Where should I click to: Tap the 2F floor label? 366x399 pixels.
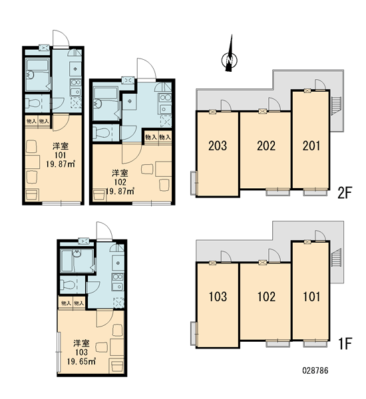(344, 193)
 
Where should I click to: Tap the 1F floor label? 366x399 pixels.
(344, 344)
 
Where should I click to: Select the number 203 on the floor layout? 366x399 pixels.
(218, 146)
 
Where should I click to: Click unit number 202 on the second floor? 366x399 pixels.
(266, 146)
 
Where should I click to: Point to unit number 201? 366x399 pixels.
(311, 146)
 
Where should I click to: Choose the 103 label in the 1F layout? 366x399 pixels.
(218, 297)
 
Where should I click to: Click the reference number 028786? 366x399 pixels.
(315, 370)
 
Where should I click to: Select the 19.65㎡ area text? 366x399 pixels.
(81, 361)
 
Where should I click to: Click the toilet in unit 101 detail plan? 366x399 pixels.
(34, 103)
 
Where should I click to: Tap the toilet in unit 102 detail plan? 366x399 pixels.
(102, 132)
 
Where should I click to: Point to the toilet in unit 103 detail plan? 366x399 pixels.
(68, 285)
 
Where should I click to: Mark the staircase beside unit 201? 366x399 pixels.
(336, 106)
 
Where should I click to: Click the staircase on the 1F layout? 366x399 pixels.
(336, 258)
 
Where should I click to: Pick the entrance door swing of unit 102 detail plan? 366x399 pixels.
(146, 68)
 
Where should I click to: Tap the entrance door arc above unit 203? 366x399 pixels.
(226, 106)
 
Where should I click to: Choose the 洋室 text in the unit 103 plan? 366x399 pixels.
(81, 343)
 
